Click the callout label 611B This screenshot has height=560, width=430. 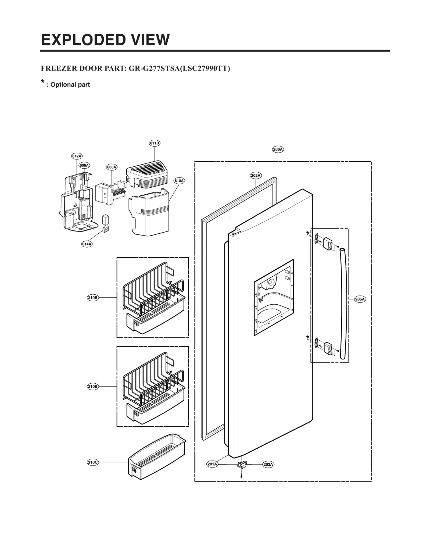(x=155, y=143)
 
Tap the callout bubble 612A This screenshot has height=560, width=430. (x=77, y=156)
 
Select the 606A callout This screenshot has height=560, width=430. (x=84, y=165)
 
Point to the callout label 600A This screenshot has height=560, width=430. (x=112, y=167)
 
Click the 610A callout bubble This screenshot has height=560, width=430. (x=179, y=181)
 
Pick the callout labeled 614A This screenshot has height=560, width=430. (x=87, y=244)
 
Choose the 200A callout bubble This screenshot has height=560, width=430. (x=278, y=149)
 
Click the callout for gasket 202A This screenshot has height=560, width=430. (x=256, y=176)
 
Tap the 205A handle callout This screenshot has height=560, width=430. (x=360, y=299)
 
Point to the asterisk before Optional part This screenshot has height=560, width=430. (x=42, y=82)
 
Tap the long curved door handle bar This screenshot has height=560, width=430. (x=344, y=304)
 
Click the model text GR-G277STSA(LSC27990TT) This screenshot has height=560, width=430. (x=179, y=69)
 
